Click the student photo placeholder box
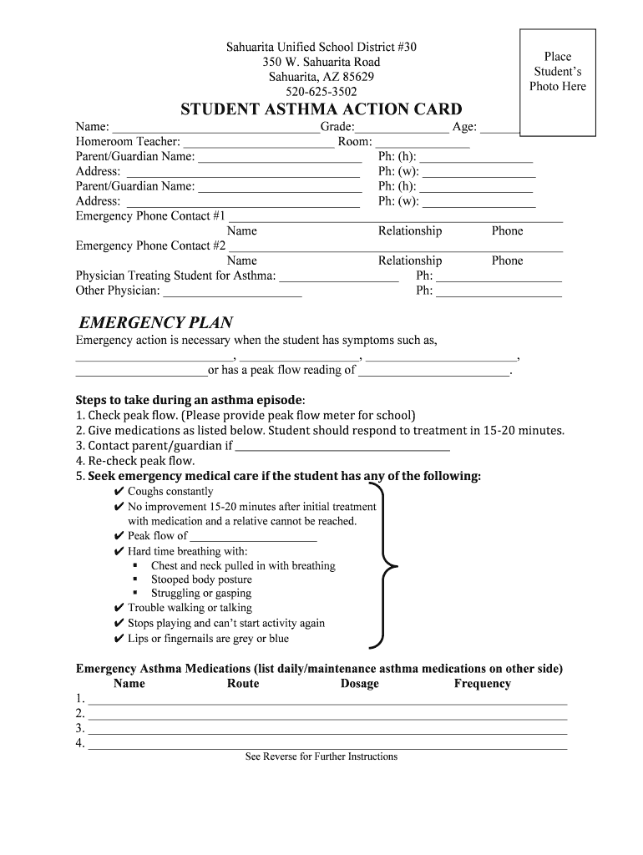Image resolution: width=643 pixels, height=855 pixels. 558,81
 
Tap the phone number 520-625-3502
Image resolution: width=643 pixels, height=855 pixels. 321,92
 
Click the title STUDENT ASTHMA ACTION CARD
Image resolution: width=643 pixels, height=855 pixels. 321,110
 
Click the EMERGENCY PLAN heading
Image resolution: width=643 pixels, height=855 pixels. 155,323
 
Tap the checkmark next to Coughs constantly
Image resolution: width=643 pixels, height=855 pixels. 119,492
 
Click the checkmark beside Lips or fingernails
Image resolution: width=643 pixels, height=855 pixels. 119,639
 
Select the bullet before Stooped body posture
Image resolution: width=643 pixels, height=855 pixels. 135,579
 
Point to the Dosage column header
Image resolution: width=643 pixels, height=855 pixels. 360,684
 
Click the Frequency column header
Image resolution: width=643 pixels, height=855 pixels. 482,684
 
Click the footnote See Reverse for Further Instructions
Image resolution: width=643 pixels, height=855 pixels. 321,756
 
